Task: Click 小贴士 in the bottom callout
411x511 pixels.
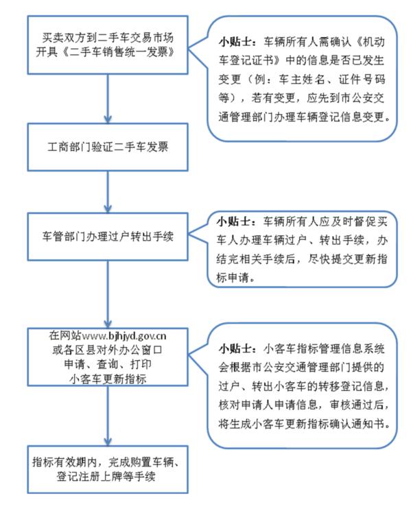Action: click(x=235, y=348)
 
